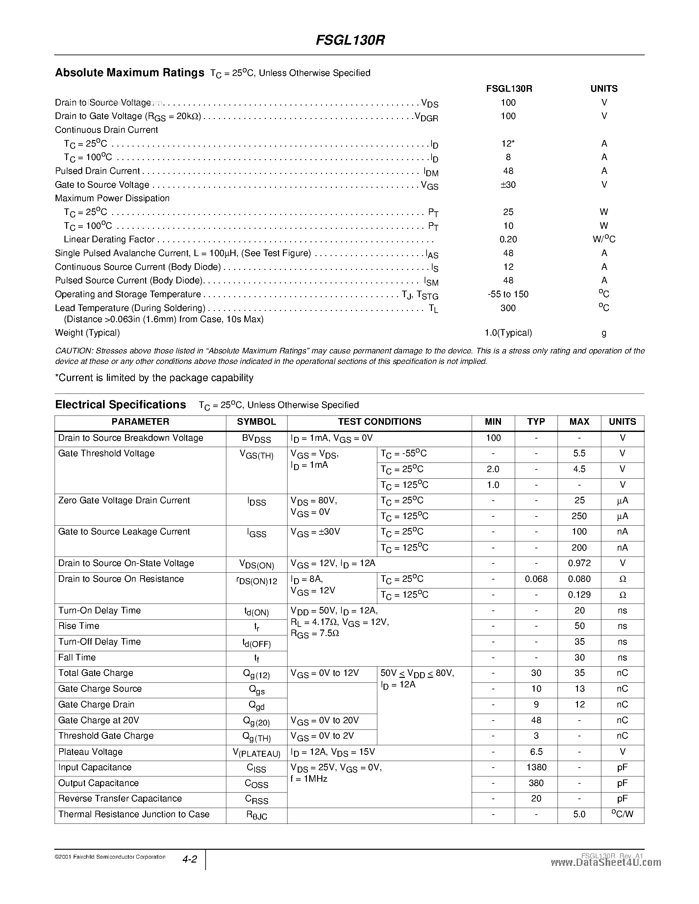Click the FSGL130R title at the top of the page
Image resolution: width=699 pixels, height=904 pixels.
[x=350, y=40]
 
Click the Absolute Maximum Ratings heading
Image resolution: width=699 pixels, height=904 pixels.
[x=130, y=73]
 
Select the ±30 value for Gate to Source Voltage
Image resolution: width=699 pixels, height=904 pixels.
[x=508, y=185]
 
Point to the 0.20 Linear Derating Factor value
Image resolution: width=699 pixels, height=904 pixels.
[x=508, y=239]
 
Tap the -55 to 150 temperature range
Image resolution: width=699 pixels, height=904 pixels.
[x=508, y=294]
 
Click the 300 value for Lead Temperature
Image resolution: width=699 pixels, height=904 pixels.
[x=508, y=308]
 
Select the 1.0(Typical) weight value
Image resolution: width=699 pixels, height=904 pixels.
[x=508, y=333]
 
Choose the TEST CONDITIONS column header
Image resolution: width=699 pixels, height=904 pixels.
[x=379, y=422]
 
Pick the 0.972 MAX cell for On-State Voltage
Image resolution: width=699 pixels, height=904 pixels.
[x=579, y=563]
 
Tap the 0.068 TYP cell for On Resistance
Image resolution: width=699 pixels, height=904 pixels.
[x=536, y=579]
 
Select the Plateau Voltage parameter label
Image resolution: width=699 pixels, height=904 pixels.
[x=90, y=752]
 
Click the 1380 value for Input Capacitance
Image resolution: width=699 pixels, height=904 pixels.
[x=536, y=767]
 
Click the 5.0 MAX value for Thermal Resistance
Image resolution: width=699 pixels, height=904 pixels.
[x=579, y=815]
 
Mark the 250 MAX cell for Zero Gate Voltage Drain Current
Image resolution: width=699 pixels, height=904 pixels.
[x=579, y=516]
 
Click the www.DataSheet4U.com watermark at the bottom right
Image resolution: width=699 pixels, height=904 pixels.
[x=606, y=863]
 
